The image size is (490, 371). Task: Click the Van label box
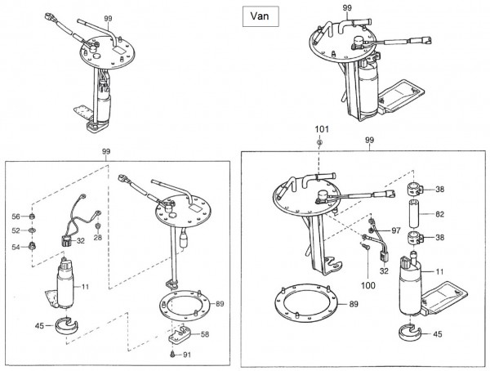coord(261,16)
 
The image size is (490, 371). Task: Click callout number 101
coord(322,129)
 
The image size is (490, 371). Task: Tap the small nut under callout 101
coord(319,143)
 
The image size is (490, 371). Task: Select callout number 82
coord(439,214)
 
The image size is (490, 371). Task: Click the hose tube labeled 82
coord(414,214)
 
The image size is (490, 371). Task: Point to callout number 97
coord(396,230)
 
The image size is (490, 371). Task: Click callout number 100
coord(368,285)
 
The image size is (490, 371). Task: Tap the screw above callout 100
coord(366,247)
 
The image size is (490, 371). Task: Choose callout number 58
coord(205,334)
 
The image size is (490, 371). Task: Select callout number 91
coord(187,355)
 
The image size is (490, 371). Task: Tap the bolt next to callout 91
coord(172,354)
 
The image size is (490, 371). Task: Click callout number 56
coord(16,217)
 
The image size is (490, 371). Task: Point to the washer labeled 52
coord(32,231)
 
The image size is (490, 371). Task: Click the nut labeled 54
coord(32,246)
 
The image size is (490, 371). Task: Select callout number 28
coord(98,238)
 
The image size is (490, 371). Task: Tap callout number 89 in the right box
coord(354,304)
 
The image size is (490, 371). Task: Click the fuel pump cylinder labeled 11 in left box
coord(65,286)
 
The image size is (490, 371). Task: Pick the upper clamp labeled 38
coord(414,189)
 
